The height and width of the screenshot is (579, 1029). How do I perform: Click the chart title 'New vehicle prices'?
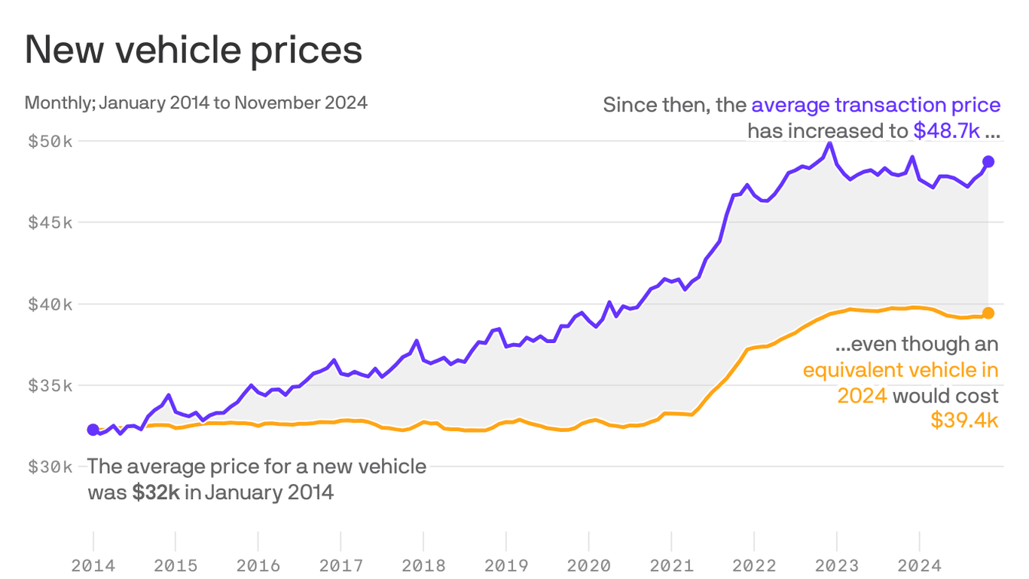[x=194, y=51]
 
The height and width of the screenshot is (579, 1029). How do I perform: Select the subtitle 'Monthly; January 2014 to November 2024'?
[x=196, y=103]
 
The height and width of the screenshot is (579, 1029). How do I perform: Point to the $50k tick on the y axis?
[x=50, y=141]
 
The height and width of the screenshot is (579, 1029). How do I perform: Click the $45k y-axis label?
[x=50, y=222]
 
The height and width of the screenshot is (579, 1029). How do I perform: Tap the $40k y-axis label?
[x=50, y=304]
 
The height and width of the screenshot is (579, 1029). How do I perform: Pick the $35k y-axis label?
[x=50, y=385]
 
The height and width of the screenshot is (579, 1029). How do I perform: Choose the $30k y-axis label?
[x=50, y=467]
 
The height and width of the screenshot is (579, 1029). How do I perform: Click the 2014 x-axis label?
[x=93, y=565]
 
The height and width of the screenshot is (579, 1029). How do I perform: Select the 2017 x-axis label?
[x=341, y=565]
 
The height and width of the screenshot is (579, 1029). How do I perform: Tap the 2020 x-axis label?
[x=589, y=565]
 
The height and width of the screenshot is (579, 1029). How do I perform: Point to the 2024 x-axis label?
[x=919, y=565]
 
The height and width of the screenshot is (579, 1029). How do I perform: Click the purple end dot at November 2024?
[x=988, y=162]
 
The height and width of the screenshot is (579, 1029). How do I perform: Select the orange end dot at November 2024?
[x=988, y=313]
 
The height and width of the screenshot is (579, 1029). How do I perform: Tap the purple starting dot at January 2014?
[x=93, y=430]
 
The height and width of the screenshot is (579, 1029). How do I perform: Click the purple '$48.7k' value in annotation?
[x=946, y=131]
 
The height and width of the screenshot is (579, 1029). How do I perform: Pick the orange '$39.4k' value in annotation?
[x=964, y=421]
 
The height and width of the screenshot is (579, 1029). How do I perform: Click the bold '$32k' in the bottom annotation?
[x=156, y=493]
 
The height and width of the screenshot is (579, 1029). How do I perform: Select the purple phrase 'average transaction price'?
[x=875, y=105]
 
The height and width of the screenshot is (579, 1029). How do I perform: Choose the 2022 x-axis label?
[x=754, y=565]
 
